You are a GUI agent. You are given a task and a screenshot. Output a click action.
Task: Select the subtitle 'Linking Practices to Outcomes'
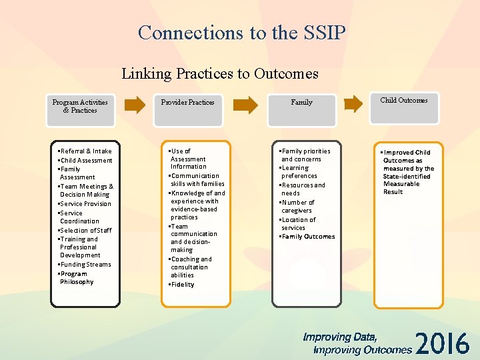coord(220,73)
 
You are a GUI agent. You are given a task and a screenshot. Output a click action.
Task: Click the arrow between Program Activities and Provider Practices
coord(135,103)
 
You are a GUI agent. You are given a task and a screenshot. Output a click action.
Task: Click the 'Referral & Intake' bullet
coord(85,151)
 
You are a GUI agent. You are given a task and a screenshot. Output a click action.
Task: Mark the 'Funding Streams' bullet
coord(85,265)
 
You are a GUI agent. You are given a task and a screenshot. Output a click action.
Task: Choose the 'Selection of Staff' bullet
coord(85,230)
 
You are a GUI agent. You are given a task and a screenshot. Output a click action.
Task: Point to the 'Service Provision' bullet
coord(85,204)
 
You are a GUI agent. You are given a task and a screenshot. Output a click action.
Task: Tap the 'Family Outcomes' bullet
coord(308,237)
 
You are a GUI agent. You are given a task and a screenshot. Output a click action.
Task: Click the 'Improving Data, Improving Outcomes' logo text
coord(357,343)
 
